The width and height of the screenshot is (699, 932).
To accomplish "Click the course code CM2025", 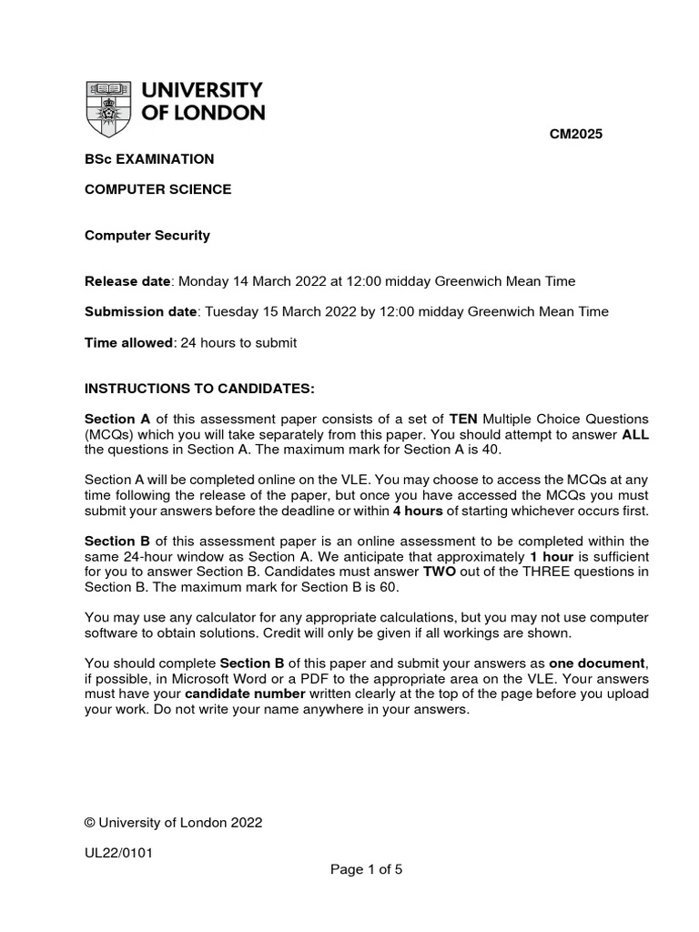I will (x=575, y=135).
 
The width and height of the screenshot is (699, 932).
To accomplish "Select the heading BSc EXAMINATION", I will (x=149, y=159).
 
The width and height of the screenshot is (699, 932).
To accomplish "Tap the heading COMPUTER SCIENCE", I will (x=157, y=189).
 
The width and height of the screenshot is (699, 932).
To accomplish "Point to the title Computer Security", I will (x=147, y=235).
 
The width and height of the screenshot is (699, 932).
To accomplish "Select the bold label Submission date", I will (x=140, y=311).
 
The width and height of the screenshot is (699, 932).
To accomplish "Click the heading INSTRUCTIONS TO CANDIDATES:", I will (x=199, y=388).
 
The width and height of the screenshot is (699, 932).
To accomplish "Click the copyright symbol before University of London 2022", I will (x=89, y=822).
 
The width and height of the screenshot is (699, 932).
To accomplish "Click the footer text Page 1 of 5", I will (x=366, y=869).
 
